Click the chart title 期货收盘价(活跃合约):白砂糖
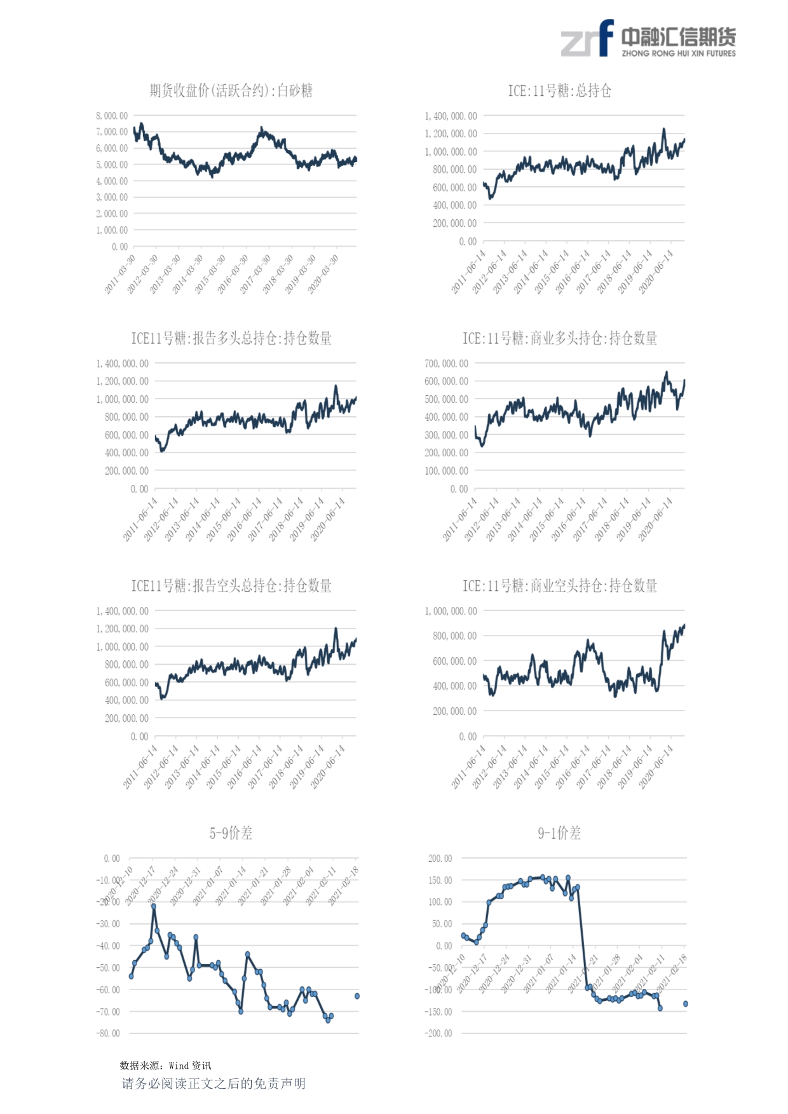click(x=231, y=91)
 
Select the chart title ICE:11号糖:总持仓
click(x=559, y=91)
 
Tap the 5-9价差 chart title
click(x=231, y=833)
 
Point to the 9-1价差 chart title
click(x=559, y=833)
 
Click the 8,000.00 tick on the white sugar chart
click(x=112, y=116)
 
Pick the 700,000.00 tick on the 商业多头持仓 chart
click(x=446, y=363)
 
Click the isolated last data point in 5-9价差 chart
click(x=357, y=996)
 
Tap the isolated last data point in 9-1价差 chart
click(x=686, y=1004)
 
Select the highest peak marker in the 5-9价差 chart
click(x=154, y=906)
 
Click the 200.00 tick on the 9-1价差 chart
click(x=440, y=859)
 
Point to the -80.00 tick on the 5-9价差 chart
click(x=108, y=1033)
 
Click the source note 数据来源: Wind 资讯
click(x=165, y=1066)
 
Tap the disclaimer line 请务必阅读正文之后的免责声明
click(x=214, y=1083)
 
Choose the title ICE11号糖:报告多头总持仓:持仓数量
click(x=231, y=338)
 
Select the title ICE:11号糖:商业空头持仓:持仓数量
click(x=559, y=586)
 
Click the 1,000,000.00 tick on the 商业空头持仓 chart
click(x=451, y=611)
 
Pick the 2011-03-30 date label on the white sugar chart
click(x=120, y=275)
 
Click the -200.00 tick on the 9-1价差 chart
click(x=438, y=1033)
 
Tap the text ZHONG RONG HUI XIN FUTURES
click(x=679, y=54)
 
